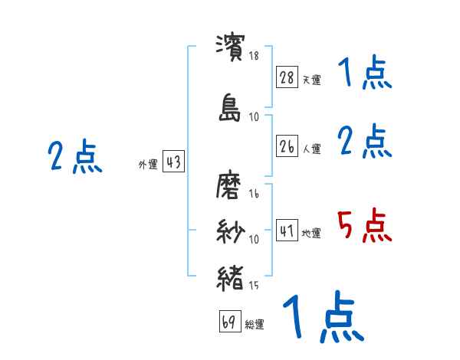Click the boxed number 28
coord(287,77)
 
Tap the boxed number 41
coord(287,231)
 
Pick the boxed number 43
coord(173,162)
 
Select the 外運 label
coord(148,165)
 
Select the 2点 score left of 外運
coord(75,157)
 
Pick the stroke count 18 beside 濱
coord(254,56)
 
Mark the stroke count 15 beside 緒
coord(254,286)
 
